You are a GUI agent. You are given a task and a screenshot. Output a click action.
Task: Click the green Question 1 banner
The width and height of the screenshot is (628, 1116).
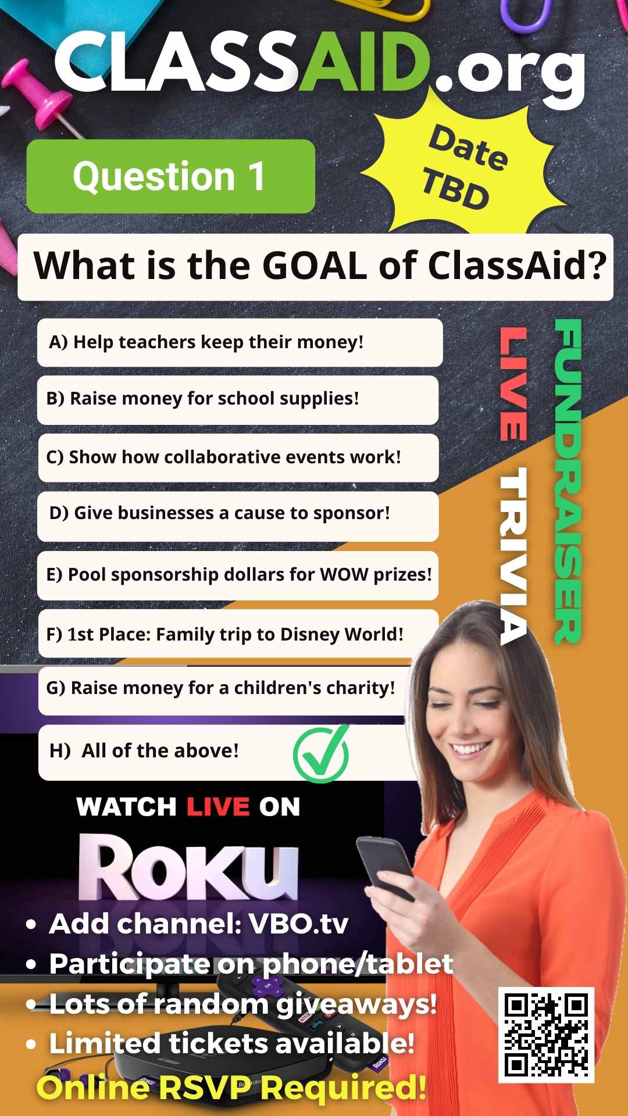pos(171,176)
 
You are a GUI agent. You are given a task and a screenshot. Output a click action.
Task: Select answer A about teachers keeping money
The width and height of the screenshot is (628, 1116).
pos(240,342)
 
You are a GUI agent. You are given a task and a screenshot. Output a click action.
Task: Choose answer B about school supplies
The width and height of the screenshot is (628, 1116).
pos(237,399)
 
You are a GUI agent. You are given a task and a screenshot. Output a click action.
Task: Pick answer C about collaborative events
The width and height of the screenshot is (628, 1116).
pos(238,457)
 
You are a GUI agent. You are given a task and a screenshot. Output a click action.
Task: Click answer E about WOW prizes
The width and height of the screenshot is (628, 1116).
pos(237,575)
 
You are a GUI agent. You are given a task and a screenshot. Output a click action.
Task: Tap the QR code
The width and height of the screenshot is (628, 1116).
pos(546,1035)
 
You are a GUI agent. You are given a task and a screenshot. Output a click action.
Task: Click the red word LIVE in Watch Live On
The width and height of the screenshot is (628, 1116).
pos(218,807)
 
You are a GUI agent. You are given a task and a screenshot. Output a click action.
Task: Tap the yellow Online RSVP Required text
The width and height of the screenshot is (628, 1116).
pos(231,1088)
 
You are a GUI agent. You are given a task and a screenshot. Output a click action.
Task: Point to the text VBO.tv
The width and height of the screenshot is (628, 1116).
pos(298,923)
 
